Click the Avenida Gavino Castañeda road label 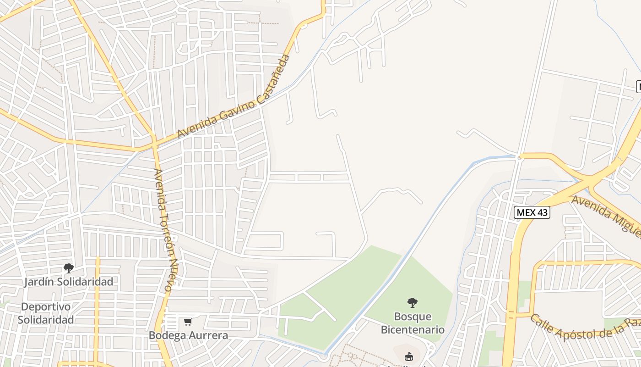pyautogui.click(x=234, y=97)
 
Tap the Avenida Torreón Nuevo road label pyautogui.click(x=164, y=230)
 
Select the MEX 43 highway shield pyautogui.click(x=532, y=212)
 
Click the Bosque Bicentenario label pyautogui.click(x=413, y=323)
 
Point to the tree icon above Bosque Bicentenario pyautogui.click(x=413, y=303)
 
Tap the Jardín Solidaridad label pyautogui.click(x=69, y=282)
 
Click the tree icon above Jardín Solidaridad pyautogui.click(x=69, y=268)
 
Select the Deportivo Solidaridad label pyautogui.click(x=46, y=313)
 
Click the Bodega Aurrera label pyautogui.click(x=188, y=335)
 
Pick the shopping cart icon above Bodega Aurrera pyautogui.click(x=188, y=322)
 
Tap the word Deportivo pyautogui.click(x=46, y=306)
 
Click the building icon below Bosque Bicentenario pyautogui.click(x=409, y=356)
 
